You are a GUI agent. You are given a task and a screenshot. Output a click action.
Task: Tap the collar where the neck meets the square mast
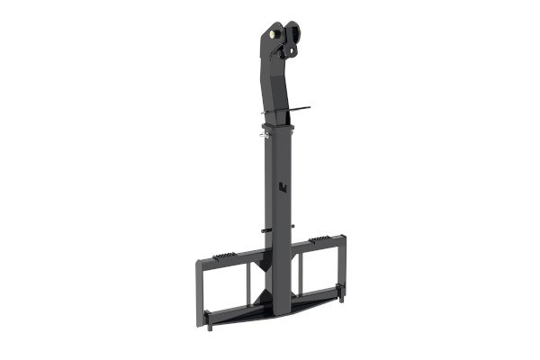(279, 127)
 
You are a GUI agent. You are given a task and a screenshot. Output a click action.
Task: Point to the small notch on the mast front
(281, 187)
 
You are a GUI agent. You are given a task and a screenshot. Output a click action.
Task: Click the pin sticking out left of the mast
(262, 229)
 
